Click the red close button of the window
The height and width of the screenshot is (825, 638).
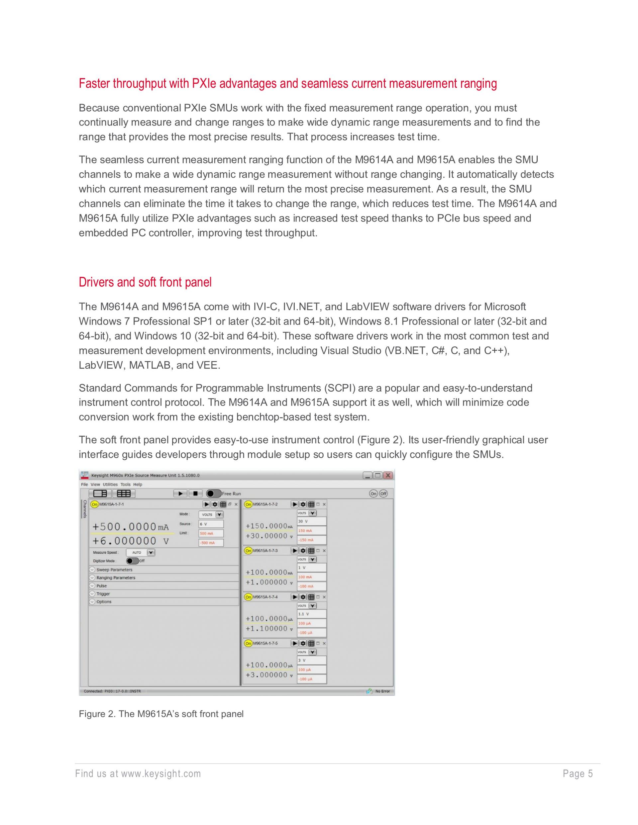pos(388,475)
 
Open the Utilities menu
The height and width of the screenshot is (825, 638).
pos(110,484)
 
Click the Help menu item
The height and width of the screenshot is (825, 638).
pos(138,484)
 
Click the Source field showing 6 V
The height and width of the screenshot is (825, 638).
pos(211,524)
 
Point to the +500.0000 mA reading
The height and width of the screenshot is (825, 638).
pos(130,526)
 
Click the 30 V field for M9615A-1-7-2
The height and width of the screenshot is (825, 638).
pos(311,521)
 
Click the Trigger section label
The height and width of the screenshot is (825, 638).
pos(103,594)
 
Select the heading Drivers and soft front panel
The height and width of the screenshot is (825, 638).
pos(145,282)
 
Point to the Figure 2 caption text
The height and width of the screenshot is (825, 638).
pos(161,714)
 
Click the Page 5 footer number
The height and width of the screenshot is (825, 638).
pos(578,774)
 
